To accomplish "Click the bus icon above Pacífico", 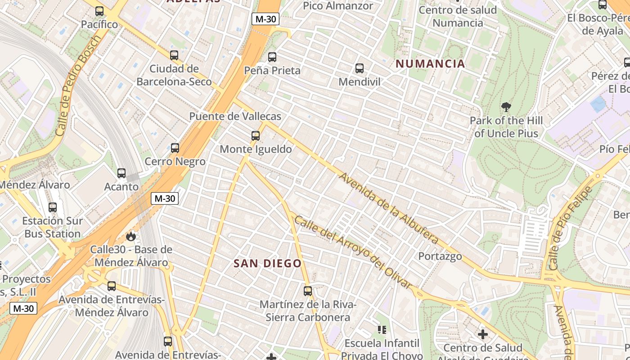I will pyautogui.click(x=99, y=11).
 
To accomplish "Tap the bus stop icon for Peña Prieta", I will pyautogui.click(x=272, y=57).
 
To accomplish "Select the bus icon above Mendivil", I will pyautogui.click(x=359, y=68).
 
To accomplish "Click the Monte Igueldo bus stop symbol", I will pyautogui.click(x=256, y=135).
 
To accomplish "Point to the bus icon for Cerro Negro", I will pyautogui.click(x=175, y=148).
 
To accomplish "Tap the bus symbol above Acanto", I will pyautogui.click(x=121, y=173).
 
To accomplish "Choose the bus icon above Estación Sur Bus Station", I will pyautogui.click(x=53, y=207).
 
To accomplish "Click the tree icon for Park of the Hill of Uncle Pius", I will pyautogui.click(x=506, y=107).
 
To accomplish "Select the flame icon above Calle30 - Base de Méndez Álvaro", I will pyautogui.click(x=131, y=236).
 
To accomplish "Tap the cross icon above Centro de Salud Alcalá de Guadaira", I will pyautogui.click(x=483, y=334).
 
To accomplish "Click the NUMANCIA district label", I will pyautogui.click(x=430, y=64).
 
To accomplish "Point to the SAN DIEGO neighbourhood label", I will pyautogui.click(x=267, y=264).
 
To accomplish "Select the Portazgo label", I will pyautogui.click(x=440, y=256).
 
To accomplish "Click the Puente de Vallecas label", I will pyautogui.click(x=235, y=116).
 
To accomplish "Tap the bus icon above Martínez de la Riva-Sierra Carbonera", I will pyautogui.click(x=308, y=291).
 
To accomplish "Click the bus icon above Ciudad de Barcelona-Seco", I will pyautogui.click(x=174, y=55).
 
